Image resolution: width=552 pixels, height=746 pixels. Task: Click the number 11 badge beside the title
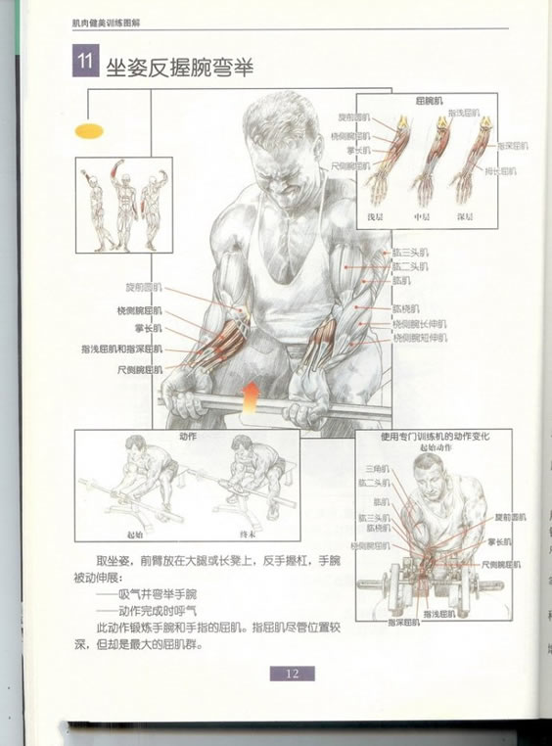tap(83, 64)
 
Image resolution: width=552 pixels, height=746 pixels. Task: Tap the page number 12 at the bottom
tap(292, 674)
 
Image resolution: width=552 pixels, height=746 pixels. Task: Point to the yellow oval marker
tap(89, 128)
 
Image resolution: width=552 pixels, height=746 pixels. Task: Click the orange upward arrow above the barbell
tap(251, 395)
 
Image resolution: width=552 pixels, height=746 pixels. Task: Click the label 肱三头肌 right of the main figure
tap(409, 251)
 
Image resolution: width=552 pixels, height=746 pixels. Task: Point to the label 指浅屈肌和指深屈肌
tap(122, 349)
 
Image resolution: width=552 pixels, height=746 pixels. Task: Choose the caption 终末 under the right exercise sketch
tap(249, 535)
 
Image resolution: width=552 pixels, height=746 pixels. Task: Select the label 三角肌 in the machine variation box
tap(374, 469)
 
